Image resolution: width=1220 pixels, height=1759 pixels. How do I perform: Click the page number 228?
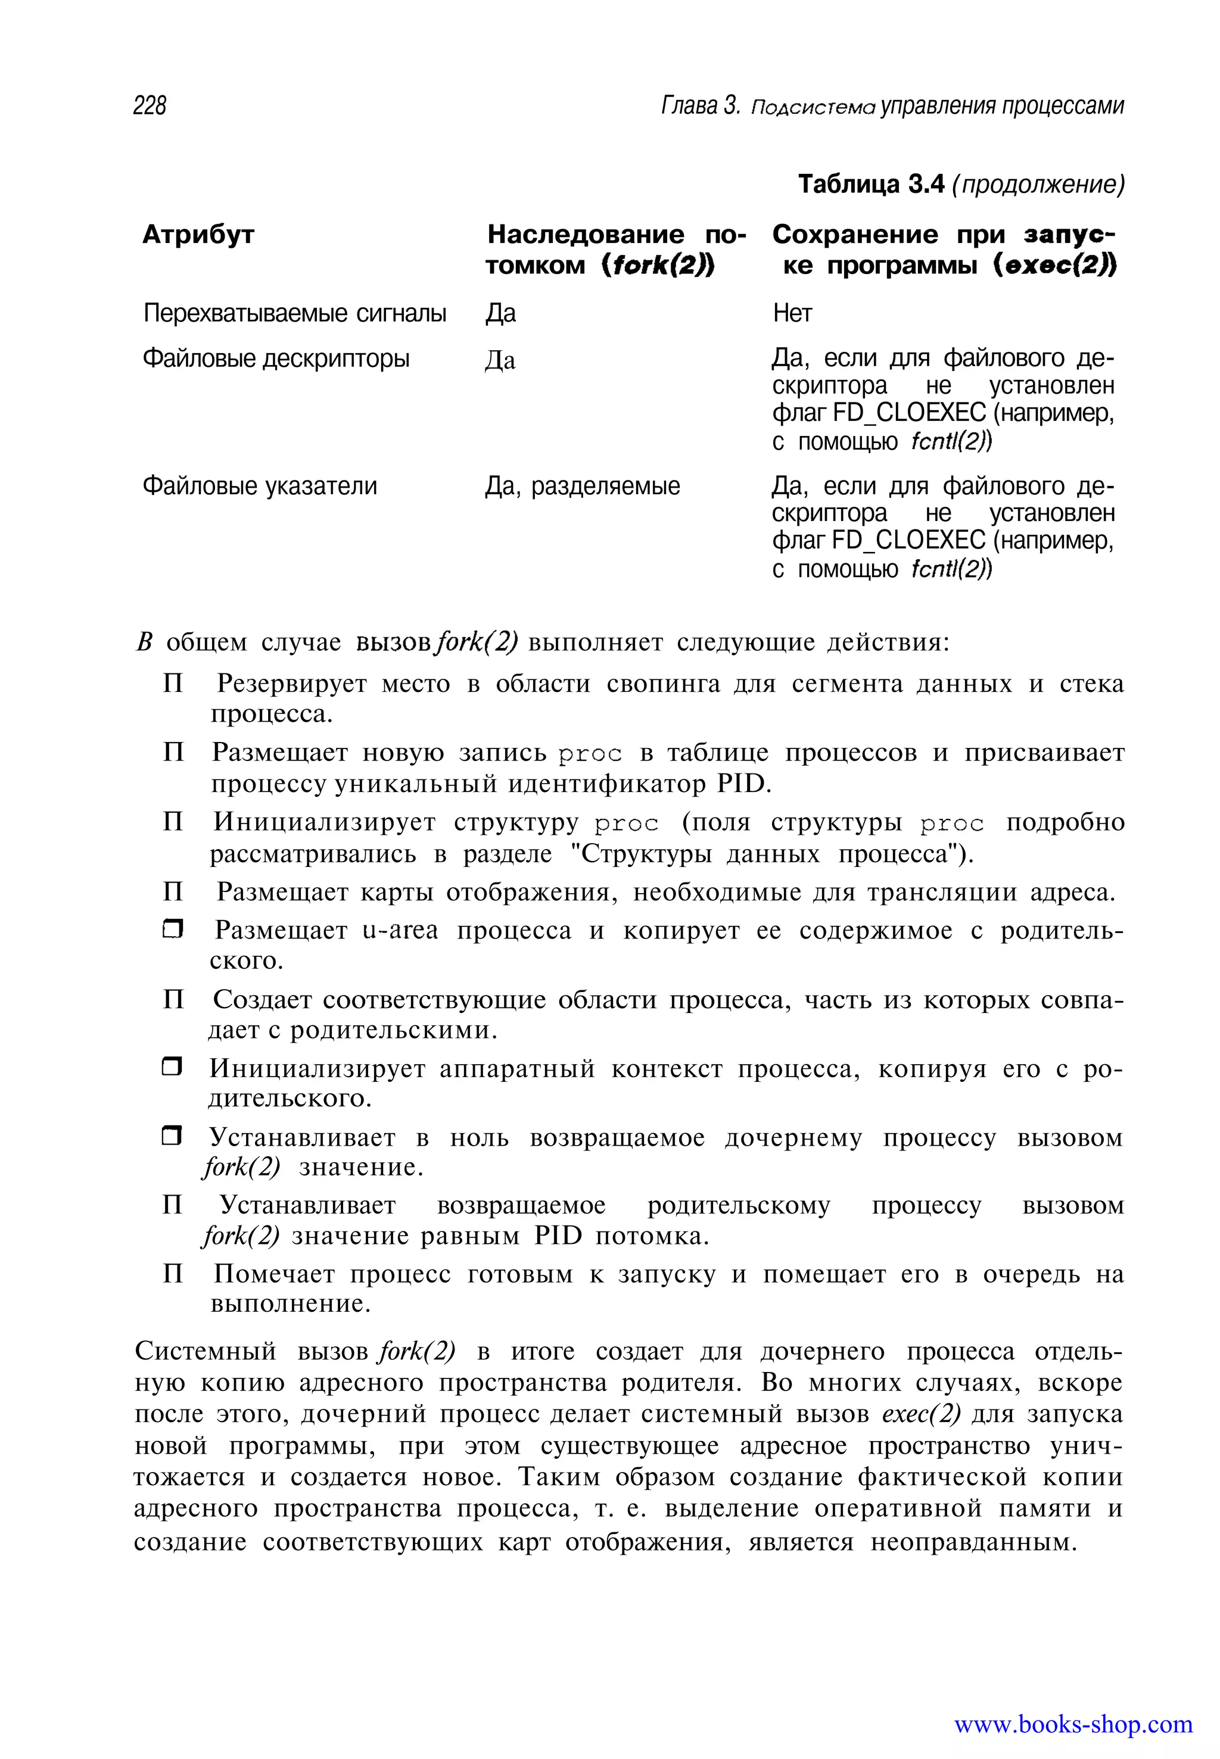point(150,105)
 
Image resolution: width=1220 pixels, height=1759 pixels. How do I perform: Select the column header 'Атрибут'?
point(198,235)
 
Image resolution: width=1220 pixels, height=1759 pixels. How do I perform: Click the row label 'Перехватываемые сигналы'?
point(294,313)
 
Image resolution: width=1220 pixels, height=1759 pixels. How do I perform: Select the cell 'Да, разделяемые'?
point(582,486)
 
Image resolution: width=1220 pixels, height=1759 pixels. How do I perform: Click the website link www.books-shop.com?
point(1072,1724)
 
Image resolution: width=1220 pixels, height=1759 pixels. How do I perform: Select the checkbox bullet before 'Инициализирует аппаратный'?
point(173,1068)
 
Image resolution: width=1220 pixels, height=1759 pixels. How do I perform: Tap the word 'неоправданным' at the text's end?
point(972,1542)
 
